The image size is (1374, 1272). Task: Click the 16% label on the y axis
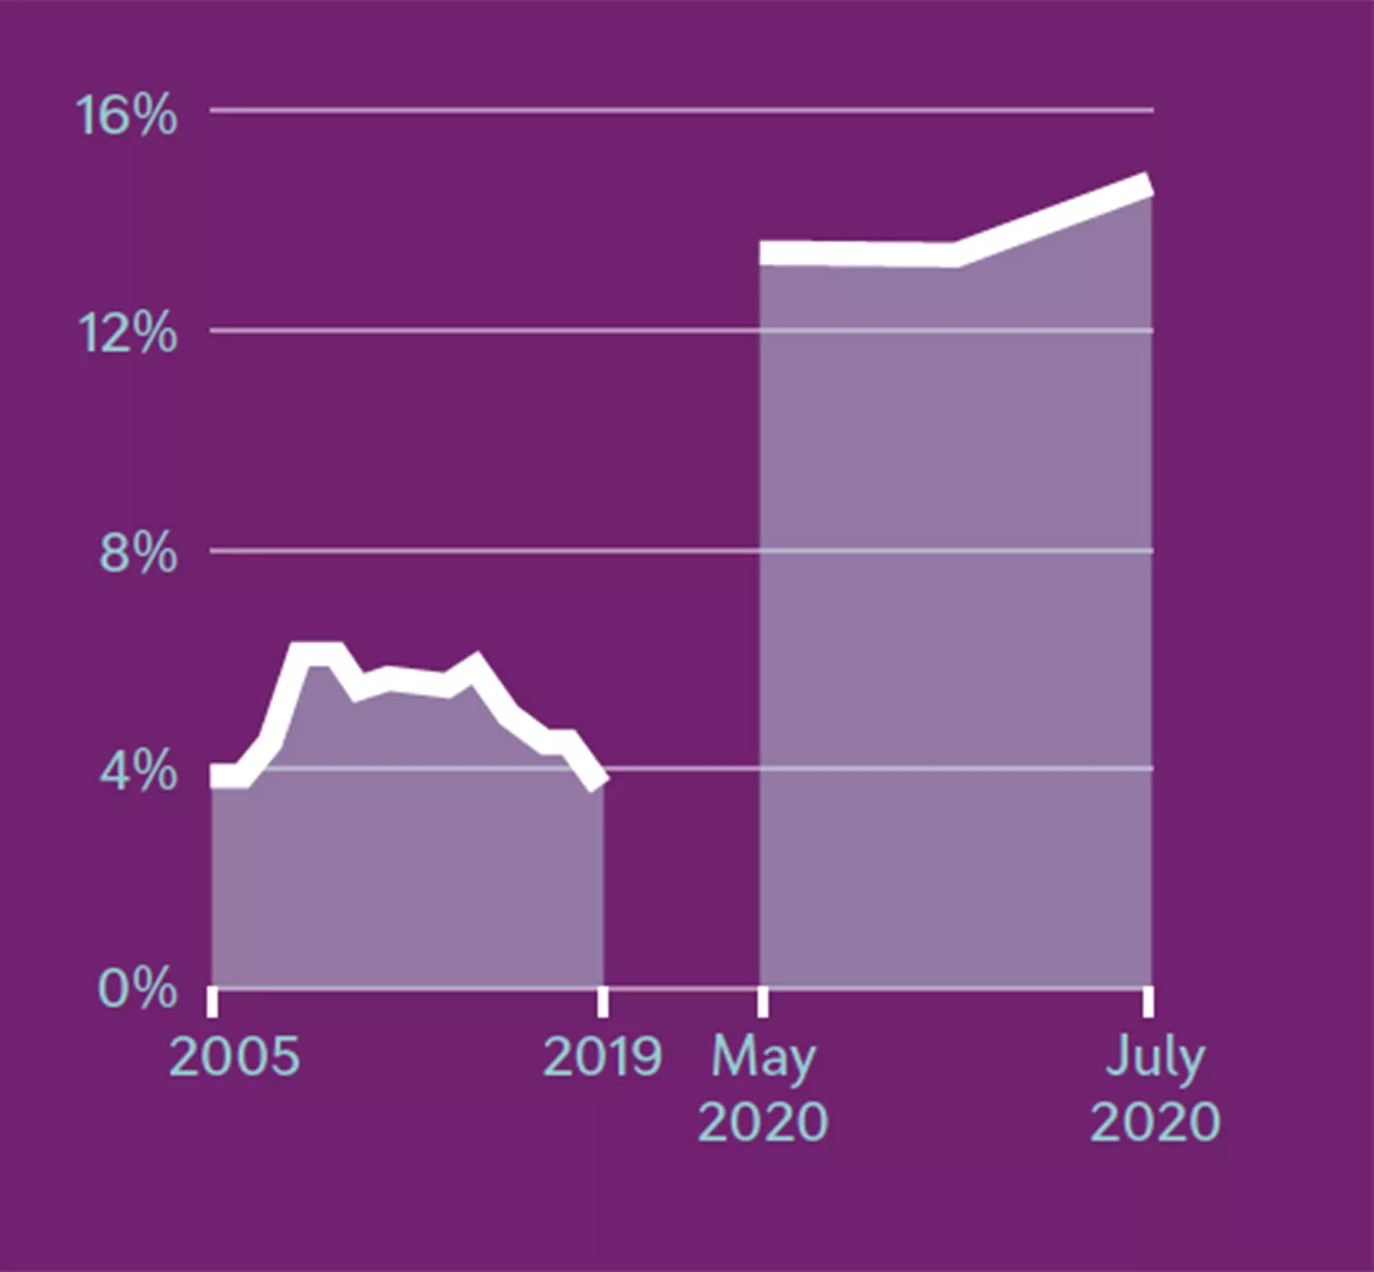click(x=126, y=116)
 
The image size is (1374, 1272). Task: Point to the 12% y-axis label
click(x=127, y=334)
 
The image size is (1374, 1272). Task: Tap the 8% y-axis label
click(x=137, y=552)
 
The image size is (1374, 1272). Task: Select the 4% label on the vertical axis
click(x=137, y=771)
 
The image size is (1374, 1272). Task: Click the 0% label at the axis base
click(x=136, y=988)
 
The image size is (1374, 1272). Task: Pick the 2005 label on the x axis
click(x=233, y=1056)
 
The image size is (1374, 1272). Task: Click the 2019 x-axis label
click(x=603, y=1056)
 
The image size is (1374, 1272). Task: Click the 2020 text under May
click(x=763, y=1122)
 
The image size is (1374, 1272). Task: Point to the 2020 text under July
click(x=1155, y=1122)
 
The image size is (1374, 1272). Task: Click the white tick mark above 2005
click(x=212, y=1002)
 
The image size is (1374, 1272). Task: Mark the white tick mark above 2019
click(x=603, y=1002)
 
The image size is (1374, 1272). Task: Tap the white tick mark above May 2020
click(x=763, y=1002)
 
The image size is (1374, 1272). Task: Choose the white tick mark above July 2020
click(x=1148, y=1002)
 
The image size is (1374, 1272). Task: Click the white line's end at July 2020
click(x=1148, y=184)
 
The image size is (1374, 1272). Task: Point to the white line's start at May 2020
click(x=765, y=253)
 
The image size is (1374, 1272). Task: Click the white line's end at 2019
click(x=601, y=779)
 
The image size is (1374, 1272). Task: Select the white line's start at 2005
click(x=215, y=776)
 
